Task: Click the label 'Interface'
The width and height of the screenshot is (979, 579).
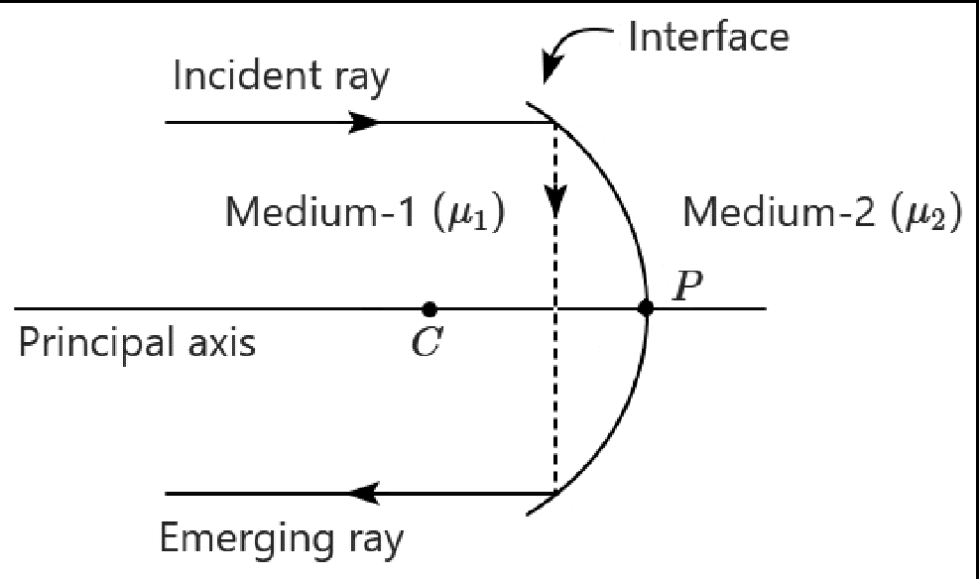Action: [x=709, y=38]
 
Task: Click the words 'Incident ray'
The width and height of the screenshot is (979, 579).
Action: [x=281, y=76]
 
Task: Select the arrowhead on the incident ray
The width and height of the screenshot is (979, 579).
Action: [x=364, y=123]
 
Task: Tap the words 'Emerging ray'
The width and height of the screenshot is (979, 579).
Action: [x=282, y=540]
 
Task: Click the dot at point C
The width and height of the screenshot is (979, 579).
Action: [x=428, y=308]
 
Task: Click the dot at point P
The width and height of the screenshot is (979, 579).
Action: [x=646, y=308]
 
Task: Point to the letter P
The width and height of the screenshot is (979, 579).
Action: [x=685, y=286]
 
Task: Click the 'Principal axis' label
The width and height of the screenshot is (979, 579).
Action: [x=137, y=343]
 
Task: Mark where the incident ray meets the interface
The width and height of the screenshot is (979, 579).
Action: [x=554, y=123]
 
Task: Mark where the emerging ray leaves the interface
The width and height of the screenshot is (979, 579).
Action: [x=554, y=493]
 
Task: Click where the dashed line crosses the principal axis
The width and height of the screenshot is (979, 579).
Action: [x=554, y=308]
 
